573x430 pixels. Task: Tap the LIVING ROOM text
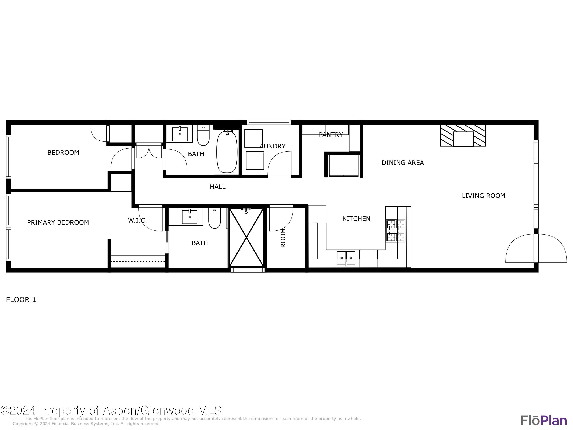point(483,196)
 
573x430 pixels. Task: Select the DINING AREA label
point(403,163)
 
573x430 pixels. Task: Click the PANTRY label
point(331,135)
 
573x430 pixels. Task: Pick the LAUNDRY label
point(271,146)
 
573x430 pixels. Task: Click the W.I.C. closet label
point(137,221)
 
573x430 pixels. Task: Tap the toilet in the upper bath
point(203,135)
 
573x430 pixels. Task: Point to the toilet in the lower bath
point(214,218)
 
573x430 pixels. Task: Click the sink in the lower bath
point(189,217)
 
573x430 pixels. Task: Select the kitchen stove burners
point(396,231)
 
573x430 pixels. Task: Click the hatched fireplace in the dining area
point(463,135)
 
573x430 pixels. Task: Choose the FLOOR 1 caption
point(21,300)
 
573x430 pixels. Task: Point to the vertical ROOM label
point(283,238)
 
